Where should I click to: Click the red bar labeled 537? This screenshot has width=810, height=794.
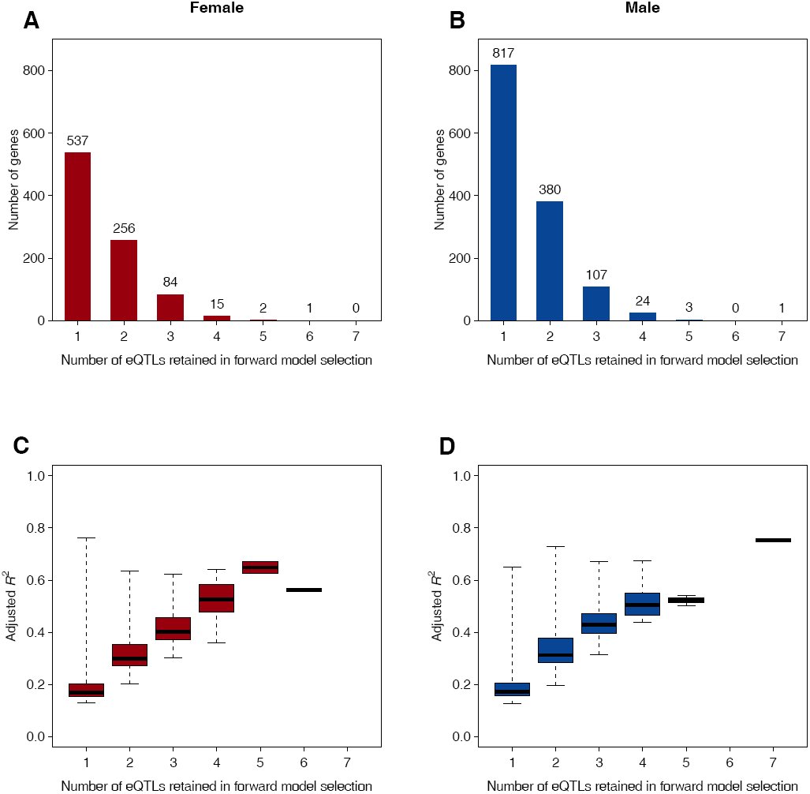[77, 236]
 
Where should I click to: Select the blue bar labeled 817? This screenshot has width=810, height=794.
[504, 193]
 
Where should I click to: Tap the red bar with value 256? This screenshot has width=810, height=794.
[124, 280]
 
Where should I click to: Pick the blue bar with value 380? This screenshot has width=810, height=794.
[550, 261]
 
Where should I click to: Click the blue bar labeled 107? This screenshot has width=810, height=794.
[596, 303]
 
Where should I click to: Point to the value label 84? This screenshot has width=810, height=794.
[170, 282]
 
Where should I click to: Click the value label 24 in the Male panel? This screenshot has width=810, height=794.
[642, 301]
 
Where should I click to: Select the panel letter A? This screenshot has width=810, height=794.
[31, 21]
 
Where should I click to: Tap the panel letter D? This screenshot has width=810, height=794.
[447, 446]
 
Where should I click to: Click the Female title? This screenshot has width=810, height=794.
[216, 8]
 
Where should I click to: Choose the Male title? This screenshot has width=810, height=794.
[642, 8]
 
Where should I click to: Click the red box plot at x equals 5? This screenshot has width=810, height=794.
[260, 567]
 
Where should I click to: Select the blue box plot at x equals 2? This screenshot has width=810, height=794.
[555, 650]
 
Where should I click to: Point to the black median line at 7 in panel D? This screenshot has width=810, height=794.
[773, 540]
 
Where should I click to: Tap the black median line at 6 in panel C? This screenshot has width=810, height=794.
[304, 590]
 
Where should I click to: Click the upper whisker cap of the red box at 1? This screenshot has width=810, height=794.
[86, 538]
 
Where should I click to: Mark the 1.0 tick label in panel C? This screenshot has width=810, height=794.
[36, 476]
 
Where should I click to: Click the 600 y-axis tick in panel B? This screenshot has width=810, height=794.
[459, 133]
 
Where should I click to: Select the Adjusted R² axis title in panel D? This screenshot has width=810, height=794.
[436, 606]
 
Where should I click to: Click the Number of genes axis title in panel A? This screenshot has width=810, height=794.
[13, 179]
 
